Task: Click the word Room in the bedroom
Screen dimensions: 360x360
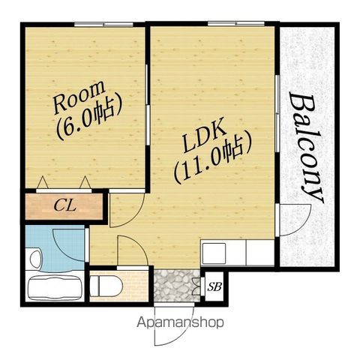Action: tap(79, 97)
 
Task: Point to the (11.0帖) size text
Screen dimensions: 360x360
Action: tap(213, 160)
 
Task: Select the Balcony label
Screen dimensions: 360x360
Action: tap(306, 148)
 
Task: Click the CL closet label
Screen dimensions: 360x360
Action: tap(65, 206)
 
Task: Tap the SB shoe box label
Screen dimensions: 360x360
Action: tap(214, 287)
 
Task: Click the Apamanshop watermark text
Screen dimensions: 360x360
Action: tap(180, 322)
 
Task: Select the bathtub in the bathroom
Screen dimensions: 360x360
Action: tap(55, 287)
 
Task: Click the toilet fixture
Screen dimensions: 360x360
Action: tap(106, 286)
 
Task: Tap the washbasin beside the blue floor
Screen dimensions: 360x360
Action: tap(35, 259)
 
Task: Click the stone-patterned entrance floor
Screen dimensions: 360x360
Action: tap(177, 286)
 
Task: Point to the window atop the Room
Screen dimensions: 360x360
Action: tap(103, 25)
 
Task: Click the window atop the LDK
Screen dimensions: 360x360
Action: tap(236, 24)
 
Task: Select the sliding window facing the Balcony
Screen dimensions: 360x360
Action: tap(277, 113)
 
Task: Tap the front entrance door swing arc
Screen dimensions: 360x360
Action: tap(185, 333)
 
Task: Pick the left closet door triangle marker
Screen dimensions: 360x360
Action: tap(43, 182)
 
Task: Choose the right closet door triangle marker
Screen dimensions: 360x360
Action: tap(85, 182)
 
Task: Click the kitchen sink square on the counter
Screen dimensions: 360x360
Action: tap(214, 252)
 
